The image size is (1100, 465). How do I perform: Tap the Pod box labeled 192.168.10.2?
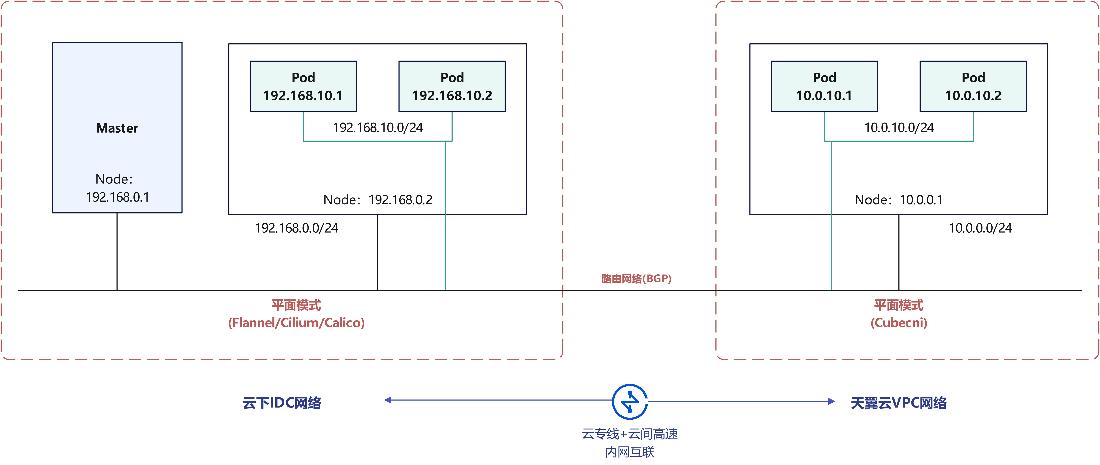coord(452,86)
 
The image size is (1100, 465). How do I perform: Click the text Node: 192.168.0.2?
coord(378,200)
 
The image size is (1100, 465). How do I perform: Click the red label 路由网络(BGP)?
coord(636,279)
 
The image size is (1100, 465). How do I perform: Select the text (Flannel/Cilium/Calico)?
coord(296,323)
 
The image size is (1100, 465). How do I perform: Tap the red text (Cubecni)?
coord(899,323)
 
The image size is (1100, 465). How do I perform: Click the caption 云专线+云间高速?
coord(630,434)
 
